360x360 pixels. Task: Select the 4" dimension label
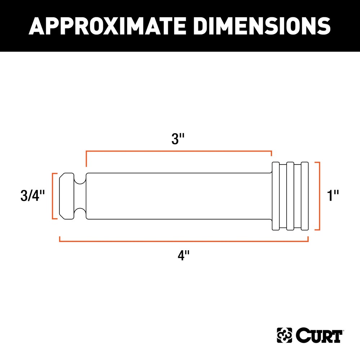click(184, 256)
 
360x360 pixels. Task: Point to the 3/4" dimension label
click(33, 197)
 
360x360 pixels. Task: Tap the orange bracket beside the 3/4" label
click(54, 196)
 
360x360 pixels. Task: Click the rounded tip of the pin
click(67, 196)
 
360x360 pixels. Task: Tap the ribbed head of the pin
click(290, 196)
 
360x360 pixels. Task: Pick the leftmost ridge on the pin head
click(276, 196)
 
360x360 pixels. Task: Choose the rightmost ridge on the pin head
click(305, 196)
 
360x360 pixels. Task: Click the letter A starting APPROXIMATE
click(37, 26)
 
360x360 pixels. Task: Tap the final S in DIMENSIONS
click(323, 26)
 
